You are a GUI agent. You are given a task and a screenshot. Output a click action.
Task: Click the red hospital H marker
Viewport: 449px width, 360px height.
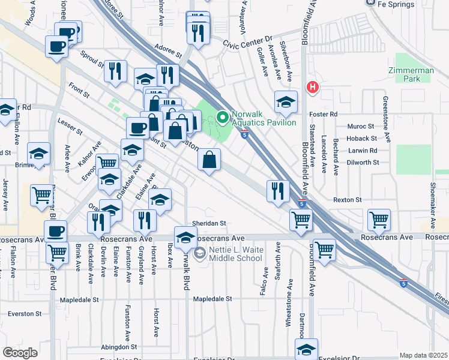312,88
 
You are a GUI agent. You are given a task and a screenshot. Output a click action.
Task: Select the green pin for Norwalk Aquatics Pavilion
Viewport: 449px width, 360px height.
223,117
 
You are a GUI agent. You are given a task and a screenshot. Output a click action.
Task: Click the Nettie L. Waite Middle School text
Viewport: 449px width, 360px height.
235,254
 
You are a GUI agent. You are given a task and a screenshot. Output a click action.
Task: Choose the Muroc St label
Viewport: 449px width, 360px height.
361,127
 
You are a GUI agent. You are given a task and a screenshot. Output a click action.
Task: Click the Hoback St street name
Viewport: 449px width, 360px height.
361,139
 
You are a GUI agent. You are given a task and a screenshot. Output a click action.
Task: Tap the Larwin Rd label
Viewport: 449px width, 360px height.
361,151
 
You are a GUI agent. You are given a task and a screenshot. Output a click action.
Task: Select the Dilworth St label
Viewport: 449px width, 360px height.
363,162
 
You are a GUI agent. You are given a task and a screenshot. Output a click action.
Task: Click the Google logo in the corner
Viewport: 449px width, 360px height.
20,353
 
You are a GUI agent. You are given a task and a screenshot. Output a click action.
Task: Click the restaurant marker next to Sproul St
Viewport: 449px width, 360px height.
115,71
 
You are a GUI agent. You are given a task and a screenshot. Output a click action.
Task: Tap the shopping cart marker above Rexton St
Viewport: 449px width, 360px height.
379,220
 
